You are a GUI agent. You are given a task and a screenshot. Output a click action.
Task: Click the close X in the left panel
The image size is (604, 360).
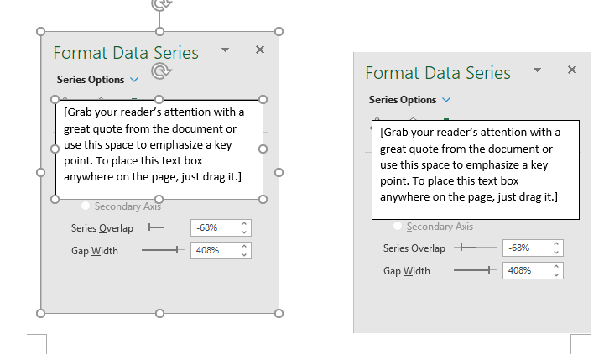pyautogui.click(x=260, y=50)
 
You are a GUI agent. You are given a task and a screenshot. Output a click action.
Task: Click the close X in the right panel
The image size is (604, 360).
pyautogui.click(x=572, y=70)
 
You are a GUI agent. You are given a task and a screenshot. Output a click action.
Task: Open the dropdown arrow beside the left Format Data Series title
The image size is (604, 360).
pyautogui.click(x=226, y=50)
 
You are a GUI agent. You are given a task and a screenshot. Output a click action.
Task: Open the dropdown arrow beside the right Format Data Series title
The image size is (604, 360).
pyautogui.click(x=538, y=70)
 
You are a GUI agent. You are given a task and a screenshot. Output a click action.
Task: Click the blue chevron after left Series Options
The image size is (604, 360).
pyautogui.click(x=134, y=80)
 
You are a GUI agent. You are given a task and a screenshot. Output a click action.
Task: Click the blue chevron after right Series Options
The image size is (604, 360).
pyautogui.click(x=446, y=100)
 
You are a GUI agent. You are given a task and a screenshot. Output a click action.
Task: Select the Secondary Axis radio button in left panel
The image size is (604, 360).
pyautogui.click(x=86, y=206)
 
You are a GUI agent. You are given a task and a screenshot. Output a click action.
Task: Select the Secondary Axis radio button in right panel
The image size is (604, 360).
pyautogui.click(x=398, y=226)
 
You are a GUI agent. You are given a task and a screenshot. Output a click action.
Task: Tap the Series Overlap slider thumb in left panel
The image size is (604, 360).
pyautogui.click(x=151, y=227)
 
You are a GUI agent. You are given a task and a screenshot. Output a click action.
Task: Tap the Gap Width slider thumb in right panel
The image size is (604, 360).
pyautogui.click(x=489, y=270)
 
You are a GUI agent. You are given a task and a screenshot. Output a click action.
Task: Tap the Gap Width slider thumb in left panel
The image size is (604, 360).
pyautogui.click(x=177, y=250)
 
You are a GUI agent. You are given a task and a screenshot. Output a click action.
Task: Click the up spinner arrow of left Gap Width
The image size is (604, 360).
pyautogui.click(x=244, y=247)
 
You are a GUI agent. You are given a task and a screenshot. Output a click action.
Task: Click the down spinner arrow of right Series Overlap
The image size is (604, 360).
pyautogui.click(x=556, y=252)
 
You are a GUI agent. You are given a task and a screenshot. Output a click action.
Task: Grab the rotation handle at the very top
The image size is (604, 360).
pyautogui.click(x=161, y=4)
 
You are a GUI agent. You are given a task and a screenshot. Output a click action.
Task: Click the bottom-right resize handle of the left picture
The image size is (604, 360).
pyautogui.click(x=279, y=313)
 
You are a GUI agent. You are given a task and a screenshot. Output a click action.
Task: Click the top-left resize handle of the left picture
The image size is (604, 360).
pyautogui.click(x=40, y=32)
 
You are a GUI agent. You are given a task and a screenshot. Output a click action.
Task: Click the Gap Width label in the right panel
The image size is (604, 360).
pyautogui.click(x=406, y=271)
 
